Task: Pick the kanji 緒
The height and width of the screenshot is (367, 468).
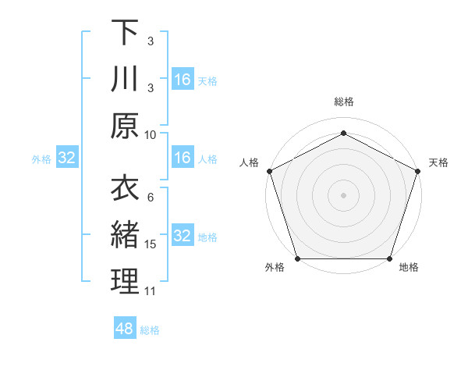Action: pyautogui.click(x=125, y=235)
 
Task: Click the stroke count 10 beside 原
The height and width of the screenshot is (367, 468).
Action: pyautogui.click(x=151, y=134)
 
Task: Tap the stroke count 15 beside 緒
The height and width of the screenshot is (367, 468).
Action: pyautogui.click(x=151, y=244)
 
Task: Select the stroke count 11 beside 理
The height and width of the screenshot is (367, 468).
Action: pyautogui.click(x=151, y=291)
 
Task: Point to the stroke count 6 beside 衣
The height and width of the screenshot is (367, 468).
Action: pyautogui.click(x=151, y=198)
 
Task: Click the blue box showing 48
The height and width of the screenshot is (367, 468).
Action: pyautogui.click(x=124, y=329)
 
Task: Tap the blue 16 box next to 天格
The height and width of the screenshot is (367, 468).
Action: pyautogui.click(x=182, y=80)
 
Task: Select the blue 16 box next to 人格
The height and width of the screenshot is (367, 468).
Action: pyautogui.click(x=182, y=158)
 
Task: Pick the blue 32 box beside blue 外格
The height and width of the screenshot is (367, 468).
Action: pyautogui.click(x=66, y=158)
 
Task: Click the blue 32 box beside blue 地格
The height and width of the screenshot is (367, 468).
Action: pyautogui.click(x=182, y=236)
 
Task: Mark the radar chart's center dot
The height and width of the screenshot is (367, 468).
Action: pyautogui.click(x=343, y=194)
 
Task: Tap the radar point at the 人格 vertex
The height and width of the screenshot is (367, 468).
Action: pyautogui.click(x=269, y=170)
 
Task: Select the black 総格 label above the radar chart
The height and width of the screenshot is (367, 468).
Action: pyautogui.click(x=343, y=102)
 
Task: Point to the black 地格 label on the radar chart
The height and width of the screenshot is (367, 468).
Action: pyautogui.click(x=409, y=268)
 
